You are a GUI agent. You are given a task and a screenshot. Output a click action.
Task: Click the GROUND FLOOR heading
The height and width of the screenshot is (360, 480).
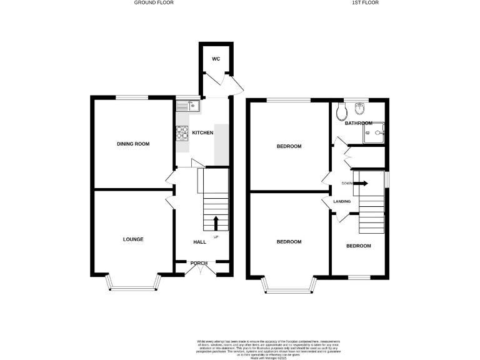[x=154, y=2]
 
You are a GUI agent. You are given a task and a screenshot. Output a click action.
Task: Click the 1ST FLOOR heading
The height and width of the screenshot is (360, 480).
[x=366, y=2]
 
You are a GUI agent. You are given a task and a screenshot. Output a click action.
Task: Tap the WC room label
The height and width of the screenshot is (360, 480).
[x=216, y=59]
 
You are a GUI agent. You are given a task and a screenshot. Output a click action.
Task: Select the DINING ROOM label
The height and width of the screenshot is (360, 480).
[x=133, y=144]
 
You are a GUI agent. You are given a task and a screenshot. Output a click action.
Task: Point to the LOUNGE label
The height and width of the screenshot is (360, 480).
[x=133, y=239]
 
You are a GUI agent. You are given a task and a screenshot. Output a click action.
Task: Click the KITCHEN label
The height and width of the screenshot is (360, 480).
[x=202, y=132]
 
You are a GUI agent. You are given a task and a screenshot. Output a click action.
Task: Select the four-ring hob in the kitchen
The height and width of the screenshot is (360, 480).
[x=183, y=132]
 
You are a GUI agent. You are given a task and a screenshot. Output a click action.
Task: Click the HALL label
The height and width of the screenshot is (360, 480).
[x=199, y=242]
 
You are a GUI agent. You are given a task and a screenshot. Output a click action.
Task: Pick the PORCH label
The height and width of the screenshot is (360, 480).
[x=199, y=262]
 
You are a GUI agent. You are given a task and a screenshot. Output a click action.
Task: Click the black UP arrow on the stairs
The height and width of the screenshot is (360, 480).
[x=216, y=223]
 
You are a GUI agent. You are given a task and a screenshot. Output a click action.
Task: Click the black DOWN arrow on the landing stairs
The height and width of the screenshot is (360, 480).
[x=362, y=183]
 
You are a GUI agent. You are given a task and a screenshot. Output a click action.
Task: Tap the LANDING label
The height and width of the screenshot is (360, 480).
[x=342, y=201]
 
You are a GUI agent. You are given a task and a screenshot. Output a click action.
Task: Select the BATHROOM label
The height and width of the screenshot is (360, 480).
[x=359, y=123]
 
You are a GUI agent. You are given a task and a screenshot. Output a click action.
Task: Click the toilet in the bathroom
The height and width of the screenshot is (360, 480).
[x=341, y=112]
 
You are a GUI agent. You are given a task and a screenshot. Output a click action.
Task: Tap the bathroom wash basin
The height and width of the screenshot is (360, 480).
[x=359, y=110]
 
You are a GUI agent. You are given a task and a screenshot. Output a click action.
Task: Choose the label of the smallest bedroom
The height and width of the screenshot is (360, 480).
[x=359, y=246]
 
